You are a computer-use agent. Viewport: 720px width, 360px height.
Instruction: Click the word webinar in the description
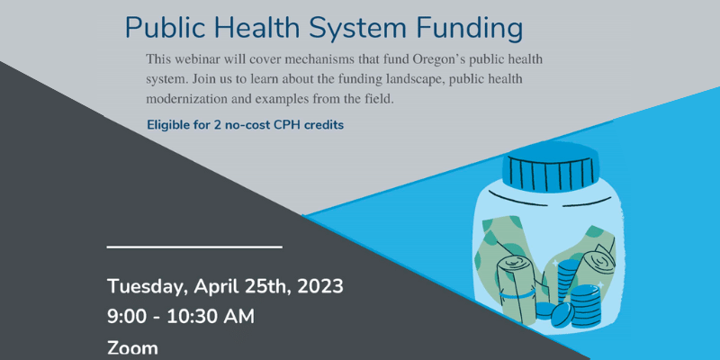[198, 59]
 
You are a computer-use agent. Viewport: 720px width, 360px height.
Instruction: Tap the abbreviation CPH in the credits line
[286, 125]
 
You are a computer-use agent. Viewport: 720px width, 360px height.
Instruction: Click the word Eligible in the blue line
[166, 125]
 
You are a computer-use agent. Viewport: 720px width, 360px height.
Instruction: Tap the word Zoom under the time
[132, 347]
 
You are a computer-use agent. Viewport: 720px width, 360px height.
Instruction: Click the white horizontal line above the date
[194, 247]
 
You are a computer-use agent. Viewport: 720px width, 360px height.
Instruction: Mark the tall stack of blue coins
[569, 280]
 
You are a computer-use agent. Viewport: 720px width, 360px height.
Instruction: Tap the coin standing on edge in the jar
[562, 315]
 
